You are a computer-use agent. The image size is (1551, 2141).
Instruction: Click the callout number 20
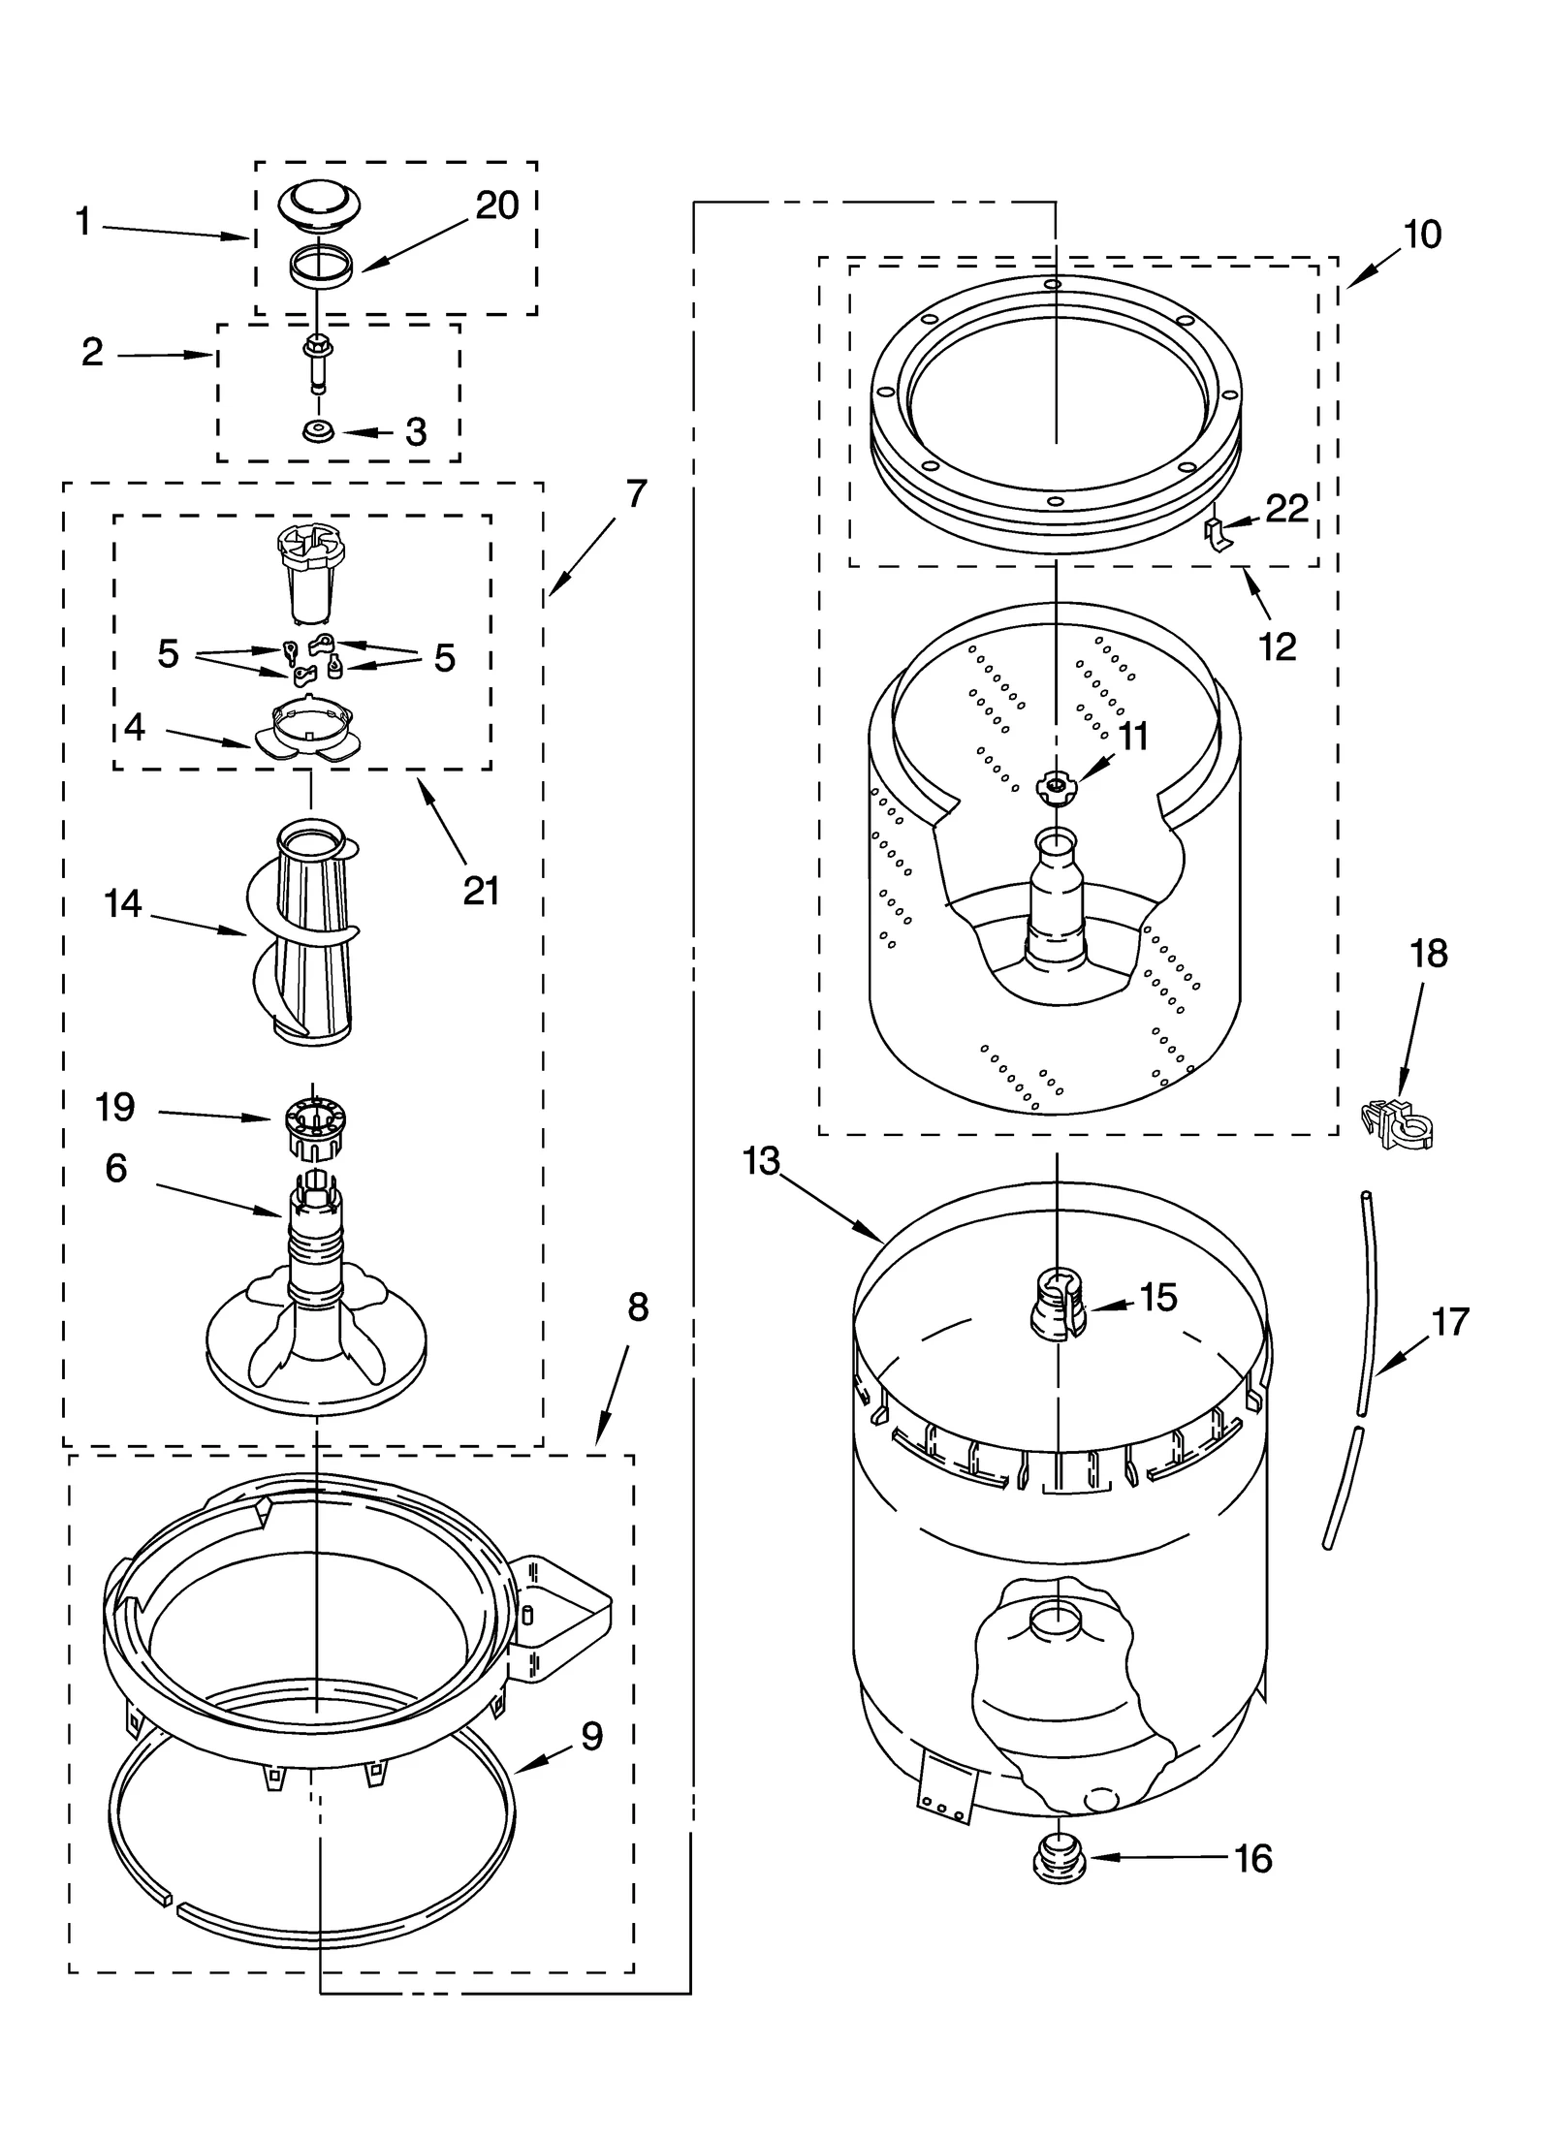[496, 205]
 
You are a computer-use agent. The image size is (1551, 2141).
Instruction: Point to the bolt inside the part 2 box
[316, 362]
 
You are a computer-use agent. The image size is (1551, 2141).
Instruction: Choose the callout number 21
[481, 890]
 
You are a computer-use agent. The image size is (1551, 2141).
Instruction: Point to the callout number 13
[762, 1160]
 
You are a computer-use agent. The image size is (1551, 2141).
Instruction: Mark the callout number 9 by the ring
[592, 1735]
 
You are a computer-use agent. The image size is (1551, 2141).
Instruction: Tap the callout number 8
[637, 1307]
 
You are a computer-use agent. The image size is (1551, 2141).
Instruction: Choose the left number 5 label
[169, 654]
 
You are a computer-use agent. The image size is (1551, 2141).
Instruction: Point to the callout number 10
[1422, 235]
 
